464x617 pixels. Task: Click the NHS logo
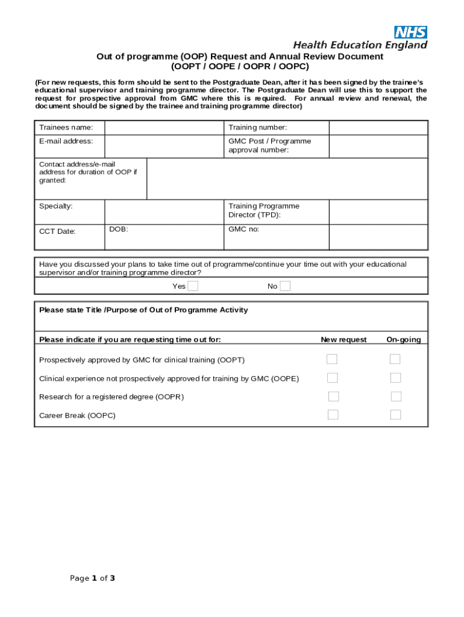point(410,33)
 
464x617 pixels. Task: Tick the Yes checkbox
point(193,286)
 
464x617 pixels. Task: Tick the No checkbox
point(285,286)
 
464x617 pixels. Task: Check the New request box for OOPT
point(332,360)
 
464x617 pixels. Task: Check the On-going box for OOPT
point(395,360)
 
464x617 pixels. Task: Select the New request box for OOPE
point(332,378)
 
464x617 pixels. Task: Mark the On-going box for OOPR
point(395,396)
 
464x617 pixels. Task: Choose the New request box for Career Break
point(333,415)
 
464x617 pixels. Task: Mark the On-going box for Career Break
point(395,415)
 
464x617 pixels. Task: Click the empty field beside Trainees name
point(164,128)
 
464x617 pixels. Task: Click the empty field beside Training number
point(378,128)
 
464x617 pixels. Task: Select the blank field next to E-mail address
point(164,146)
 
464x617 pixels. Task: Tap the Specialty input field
point(164,211)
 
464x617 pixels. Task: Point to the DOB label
point(119,230)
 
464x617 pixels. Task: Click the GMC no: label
point(243,230)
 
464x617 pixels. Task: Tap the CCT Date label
point(57,231)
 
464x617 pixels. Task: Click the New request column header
point(343,340)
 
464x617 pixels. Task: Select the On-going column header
point(404,340)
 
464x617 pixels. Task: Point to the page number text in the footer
point(92,578)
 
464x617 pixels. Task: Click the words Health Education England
point(360,45)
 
